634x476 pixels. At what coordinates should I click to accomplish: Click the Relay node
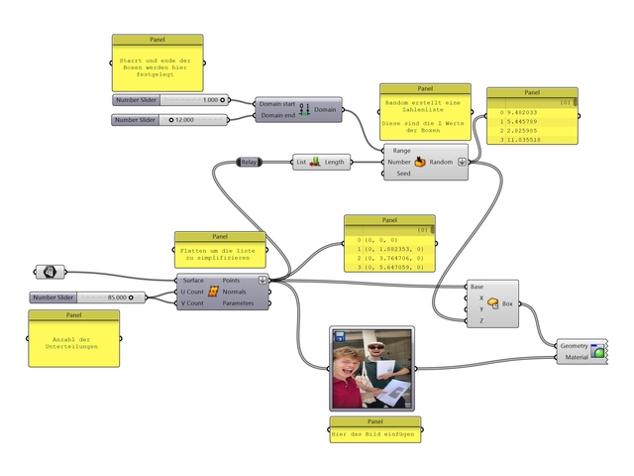(x=249, y=161)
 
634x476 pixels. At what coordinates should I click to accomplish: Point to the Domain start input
(x=275, y=103)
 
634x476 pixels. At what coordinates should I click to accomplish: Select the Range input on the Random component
(x=401, y=150)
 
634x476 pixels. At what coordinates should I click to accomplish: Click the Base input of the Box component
(x=477, y=287)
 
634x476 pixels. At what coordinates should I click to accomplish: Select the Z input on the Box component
(x=480, y=320)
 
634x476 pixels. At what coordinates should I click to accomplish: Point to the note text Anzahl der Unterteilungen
(x=73, y=343)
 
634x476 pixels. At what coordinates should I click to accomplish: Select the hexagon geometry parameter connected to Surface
(x=49, y=271)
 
